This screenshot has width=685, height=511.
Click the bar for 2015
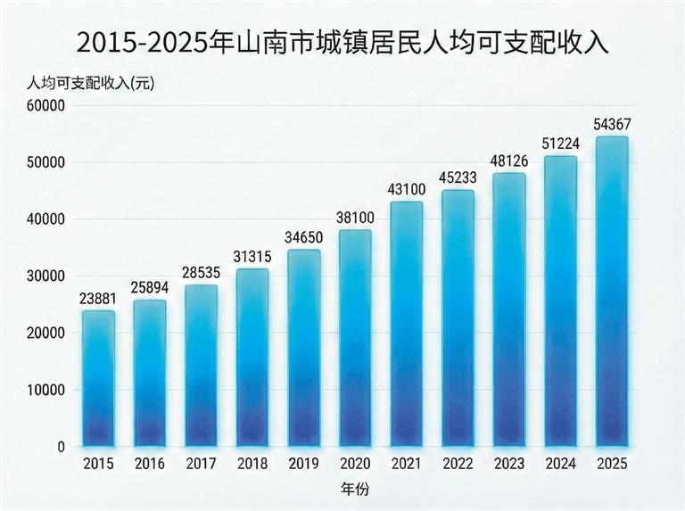click(98, 378)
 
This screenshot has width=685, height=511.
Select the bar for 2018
click(252, 357)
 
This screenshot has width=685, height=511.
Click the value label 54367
click(611, 124)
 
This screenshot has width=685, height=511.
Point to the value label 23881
click(98, 298)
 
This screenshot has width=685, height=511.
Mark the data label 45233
click(458, 177)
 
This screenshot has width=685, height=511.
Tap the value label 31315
click(252, 256)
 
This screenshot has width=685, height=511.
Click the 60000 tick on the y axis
click(45, 106)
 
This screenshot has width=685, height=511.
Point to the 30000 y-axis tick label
click(45, 276)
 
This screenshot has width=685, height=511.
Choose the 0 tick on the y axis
click(62, 447)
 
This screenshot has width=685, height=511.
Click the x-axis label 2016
click(150, 464)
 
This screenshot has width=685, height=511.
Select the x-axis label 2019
click(303, 464)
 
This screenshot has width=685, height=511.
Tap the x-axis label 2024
click(560, 464)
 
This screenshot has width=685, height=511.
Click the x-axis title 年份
click(354, 490)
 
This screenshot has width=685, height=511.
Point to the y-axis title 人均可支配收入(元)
click(90, 83)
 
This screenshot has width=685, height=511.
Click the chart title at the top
click(342, 41)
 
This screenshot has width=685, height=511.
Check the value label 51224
click(560, 144)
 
